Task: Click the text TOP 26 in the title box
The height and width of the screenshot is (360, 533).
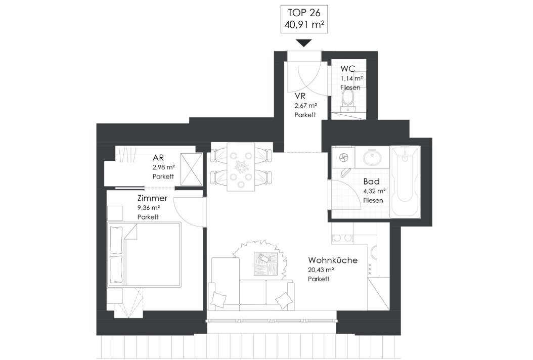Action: click(304, 13)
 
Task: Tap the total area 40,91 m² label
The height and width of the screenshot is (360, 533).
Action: click(304, 24)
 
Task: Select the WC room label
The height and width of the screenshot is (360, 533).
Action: click(348, 69)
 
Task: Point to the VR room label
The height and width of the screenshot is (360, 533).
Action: click(300, 96)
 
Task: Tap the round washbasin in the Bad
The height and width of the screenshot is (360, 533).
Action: click(372, 158)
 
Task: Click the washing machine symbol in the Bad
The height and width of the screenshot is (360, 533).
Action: click(343, 157)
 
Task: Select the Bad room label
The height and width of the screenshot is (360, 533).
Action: click(371, 182)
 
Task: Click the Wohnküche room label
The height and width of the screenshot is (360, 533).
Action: click(333, 260)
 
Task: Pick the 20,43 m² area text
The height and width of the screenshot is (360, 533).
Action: click(321, 269)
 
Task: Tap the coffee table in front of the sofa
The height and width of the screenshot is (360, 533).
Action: click(265, 263)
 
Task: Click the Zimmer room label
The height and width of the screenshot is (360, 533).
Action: click(152, 198)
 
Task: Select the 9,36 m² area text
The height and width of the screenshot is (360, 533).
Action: click(149, 207)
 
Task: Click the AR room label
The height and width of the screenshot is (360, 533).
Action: click(158, 158)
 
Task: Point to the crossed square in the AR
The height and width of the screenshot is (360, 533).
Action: click(191, 169)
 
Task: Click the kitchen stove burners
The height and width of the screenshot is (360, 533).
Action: click(343, 238)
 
